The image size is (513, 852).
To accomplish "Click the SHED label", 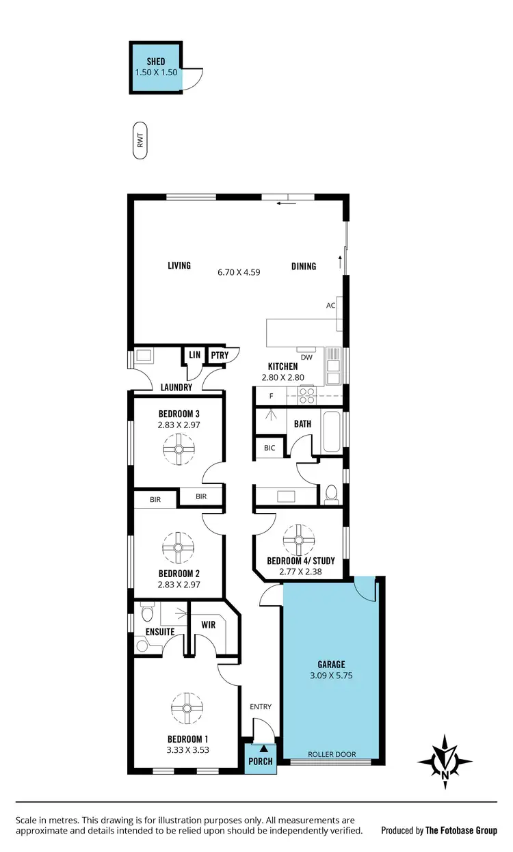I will click(156, 62).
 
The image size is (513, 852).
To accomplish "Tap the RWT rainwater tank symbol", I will click(141, 142).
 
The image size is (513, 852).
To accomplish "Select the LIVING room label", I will click(179, 265).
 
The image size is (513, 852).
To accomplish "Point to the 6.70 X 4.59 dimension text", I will click(239, 271).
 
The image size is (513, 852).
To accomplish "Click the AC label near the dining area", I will click(330, 306).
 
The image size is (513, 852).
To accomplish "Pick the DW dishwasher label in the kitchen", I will click(306, 357).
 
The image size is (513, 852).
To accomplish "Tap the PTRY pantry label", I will click(220, 355).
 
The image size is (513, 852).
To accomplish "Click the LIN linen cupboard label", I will click(194, 355).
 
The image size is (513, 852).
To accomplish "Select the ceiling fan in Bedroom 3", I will click(179, 449).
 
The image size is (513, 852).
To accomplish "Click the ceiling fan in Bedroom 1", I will click(185, 708).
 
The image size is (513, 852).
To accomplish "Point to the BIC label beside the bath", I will click(269, 448).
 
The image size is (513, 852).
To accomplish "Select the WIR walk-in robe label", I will click(209, 624).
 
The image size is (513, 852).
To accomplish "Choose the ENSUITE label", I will click(160, 632).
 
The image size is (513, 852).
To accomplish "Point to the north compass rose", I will click(445, 758).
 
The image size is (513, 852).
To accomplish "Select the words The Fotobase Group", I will click(461, 830).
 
